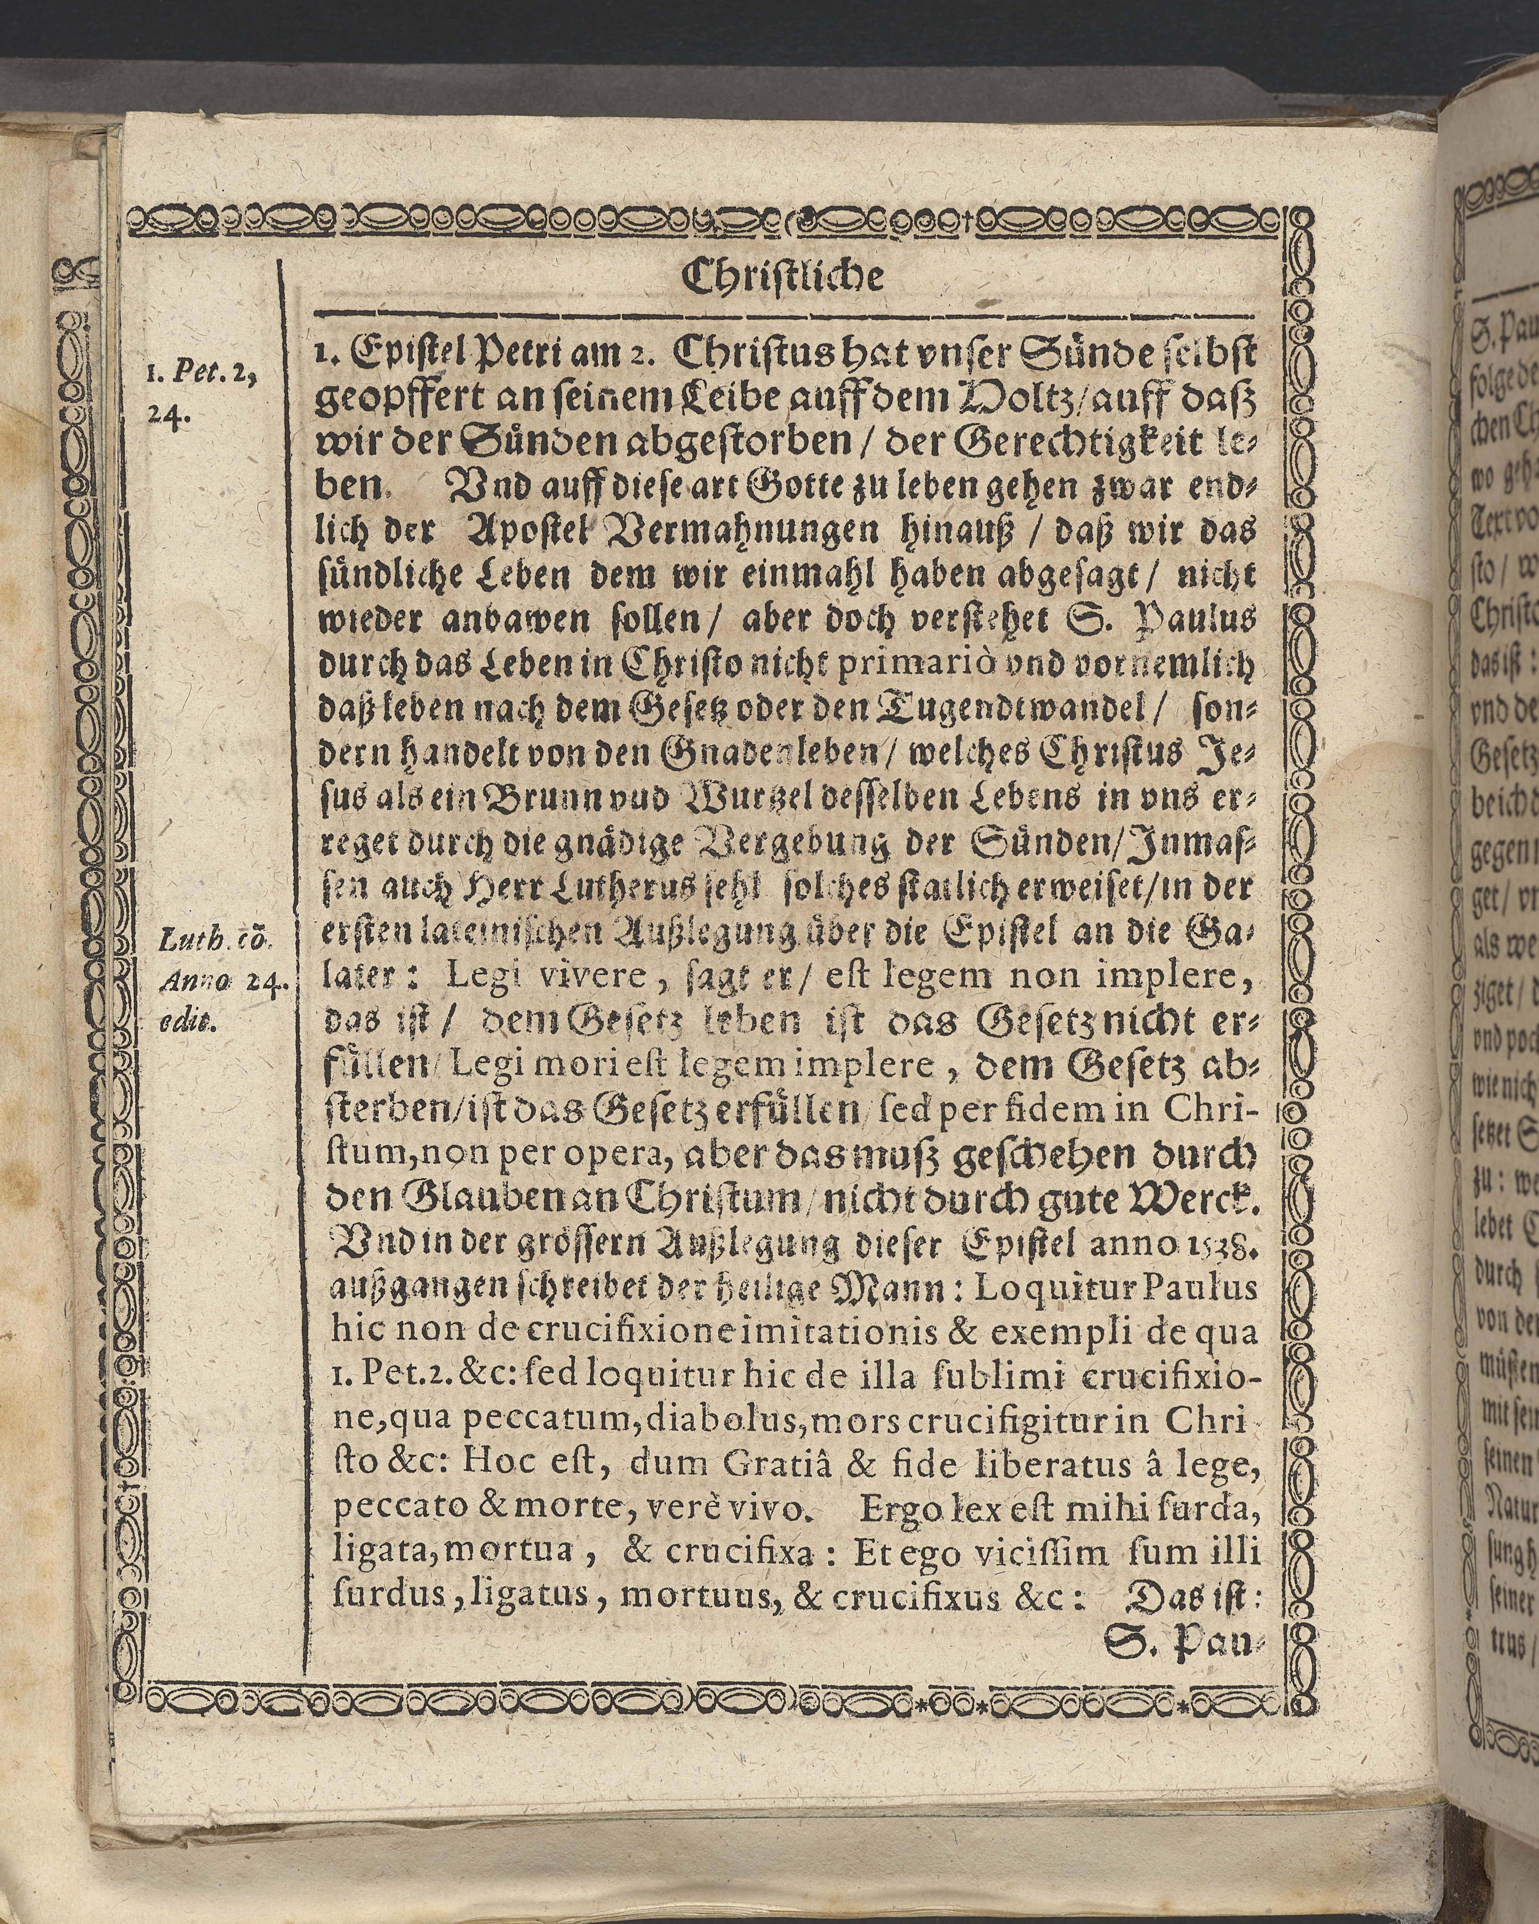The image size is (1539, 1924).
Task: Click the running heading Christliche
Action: pyautogui.click(x=783, y=277)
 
